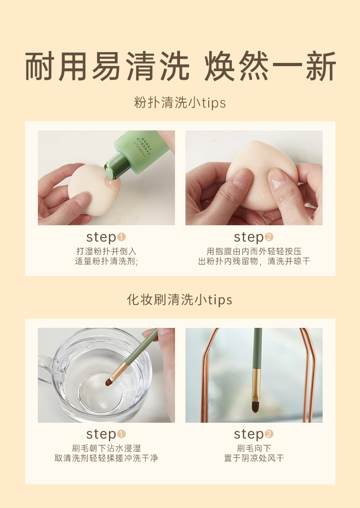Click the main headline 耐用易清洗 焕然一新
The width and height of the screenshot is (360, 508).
pos(180,66)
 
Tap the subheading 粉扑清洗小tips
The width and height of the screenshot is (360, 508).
pos(180,103)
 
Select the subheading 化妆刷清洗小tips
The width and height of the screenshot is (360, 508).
pos(180,300)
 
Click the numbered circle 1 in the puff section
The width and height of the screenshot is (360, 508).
pos(121,238)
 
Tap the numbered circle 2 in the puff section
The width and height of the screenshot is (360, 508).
pos(269,238)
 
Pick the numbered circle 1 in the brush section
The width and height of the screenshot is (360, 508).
pos(121,434)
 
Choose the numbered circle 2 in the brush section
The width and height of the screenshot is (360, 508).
pos(269,434)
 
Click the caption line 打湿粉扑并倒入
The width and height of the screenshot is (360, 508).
pos(106,251)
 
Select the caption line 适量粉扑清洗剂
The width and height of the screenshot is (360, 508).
pos(106,261)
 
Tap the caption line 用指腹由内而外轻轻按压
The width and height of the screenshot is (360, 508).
pos(254,251)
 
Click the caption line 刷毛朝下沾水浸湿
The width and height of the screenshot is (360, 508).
pos(106,448)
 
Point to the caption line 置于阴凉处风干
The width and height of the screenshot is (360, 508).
pos(254,458)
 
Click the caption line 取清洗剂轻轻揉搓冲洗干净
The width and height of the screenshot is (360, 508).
pos(106,458)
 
